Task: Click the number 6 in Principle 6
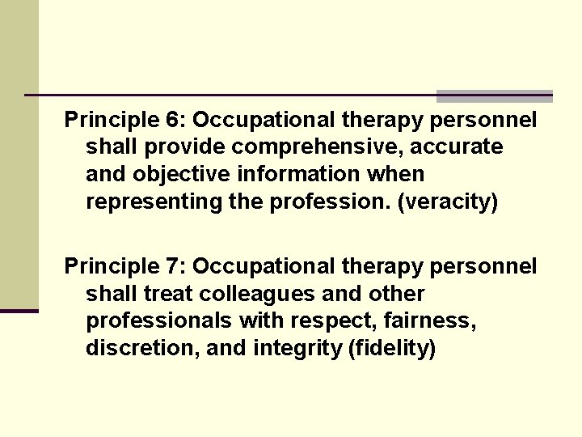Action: pos(174,121)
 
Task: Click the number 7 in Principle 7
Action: pos(174,266)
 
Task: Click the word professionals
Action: pos(158,320)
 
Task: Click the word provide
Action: pos(176,147)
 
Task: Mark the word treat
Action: pos(167,293)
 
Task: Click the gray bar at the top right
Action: pos(494,95)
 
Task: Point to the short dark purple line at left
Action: pos(19,311)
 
